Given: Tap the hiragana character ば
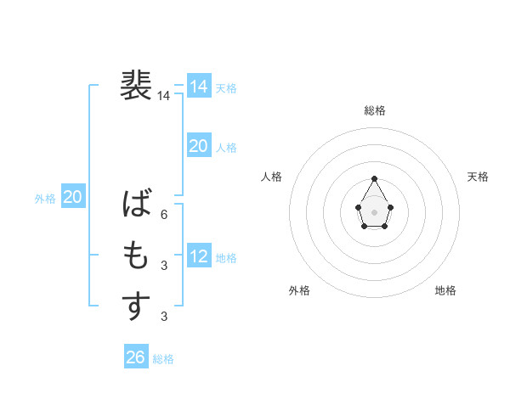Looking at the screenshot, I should [137, 205].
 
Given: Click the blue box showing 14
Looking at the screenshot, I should [198, 87].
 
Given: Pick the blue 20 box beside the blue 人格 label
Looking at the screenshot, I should [198, 146].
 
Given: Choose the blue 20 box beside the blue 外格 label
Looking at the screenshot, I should [72, 198].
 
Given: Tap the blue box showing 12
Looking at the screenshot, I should [198, 256].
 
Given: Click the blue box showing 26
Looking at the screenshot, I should [135, 357].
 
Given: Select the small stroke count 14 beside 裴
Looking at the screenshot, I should [163, 96].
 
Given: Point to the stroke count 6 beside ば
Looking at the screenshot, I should [164, 215].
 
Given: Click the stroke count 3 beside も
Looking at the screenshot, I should [164, 266].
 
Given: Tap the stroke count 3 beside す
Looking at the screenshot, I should [164, 317].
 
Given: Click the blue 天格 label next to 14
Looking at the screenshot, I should [226, 87].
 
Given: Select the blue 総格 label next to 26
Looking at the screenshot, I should [163, 359].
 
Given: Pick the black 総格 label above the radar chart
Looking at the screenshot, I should [374, 110].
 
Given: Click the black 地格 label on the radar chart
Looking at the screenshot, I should [445, 290].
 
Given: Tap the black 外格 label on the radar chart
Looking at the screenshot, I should [299, 290].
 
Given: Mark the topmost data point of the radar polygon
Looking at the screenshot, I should [374, 178].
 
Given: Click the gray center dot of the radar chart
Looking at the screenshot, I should [374, 211].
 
